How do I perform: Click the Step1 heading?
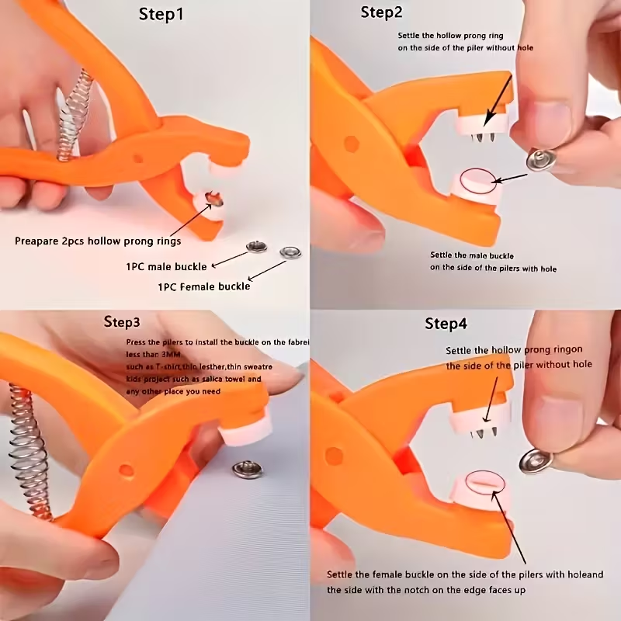pyautogui.click(x=161, y=15)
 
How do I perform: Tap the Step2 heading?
pyautogui.click(x=382, y=12)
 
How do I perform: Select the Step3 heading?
pyautogui.click(x=122, y=321)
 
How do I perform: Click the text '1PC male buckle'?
pyautogui.click(x=166, y=266)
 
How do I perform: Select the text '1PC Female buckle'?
pyautogui.click(x=203, y=286)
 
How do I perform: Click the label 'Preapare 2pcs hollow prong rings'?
pyautogui.click(x=98, y=241)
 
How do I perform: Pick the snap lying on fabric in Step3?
pyautogui.click(x=248, y=468)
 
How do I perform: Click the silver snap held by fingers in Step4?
pyautogui.click(x=536, y=460)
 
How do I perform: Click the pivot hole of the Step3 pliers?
pyautogui.click(x=125, y=470)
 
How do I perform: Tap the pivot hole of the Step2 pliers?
pyautogui.click(x=351, y=144)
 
